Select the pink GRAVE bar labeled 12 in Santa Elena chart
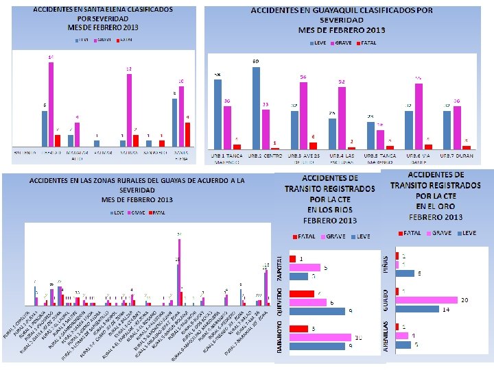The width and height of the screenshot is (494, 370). click(129, 110)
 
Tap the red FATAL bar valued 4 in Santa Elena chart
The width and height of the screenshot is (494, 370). click(187, 134)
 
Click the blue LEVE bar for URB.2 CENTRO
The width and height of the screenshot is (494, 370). click(256, 107)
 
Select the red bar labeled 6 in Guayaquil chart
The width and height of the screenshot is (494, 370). click(313, 145)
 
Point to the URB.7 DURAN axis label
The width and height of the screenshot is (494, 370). click(457, 156)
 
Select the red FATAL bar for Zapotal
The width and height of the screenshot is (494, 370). click(293, 259)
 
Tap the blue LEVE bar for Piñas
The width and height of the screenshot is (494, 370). click(405, 273)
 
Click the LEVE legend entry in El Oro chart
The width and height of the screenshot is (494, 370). click(467, 233)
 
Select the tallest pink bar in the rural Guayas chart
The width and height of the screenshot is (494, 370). click(180, 271)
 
